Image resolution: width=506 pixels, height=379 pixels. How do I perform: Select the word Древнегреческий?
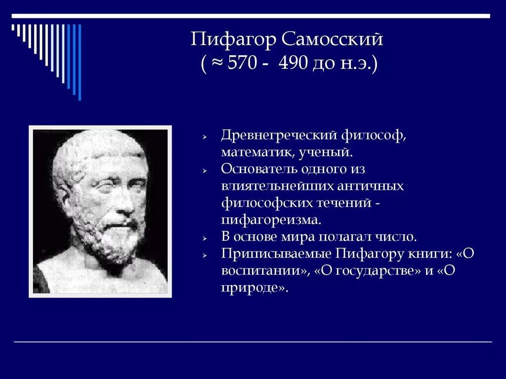pos(279,135)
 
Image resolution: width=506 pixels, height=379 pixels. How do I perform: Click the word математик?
pos(257,152)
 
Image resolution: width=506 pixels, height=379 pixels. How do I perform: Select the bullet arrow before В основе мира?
pos(204,238)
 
